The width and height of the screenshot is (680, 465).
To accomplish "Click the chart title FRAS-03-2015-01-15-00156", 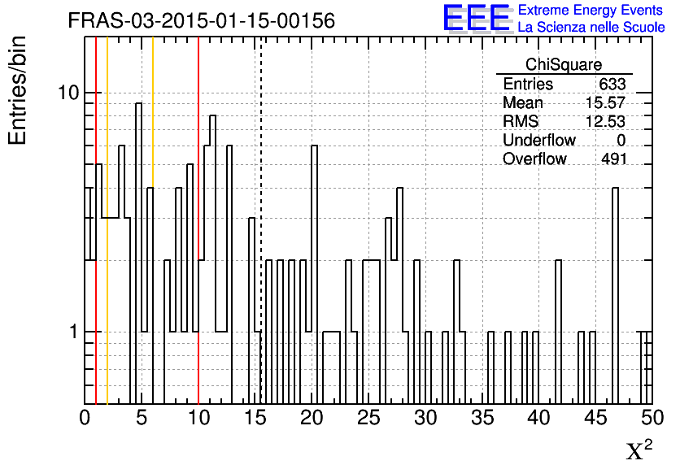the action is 202,20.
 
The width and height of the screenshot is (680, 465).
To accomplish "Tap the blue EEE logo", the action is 476,18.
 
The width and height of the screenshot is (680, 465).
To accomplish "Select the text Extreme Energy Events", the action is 591,10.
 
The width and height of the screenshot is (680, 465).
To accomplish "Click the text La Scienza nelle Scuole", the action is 591,27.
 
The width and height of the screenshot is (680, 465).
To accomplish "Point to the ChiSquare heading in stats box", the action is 564,64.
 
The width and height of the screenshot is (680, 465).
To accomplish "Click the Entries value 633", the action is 612,84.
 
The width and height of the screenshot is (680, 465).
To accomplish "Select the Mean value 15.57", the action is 605,102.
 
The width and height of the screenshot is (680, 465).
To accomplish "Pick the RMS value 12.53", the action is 605,121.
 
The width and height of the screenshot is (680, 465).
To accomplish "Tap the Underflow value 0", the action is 621,140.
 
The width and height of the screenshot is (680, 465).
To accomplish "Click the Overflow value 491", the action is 614,159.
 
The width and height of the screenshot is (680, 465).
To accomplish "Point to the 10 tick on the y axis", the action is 68,93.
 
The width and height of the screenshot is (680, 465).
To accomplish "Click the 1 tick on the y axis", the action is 74,332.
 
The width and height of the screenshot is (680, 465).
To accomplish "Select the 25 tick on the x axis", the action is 368,417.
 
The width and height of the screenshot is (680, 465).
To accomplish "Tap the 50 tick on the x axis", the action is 652,417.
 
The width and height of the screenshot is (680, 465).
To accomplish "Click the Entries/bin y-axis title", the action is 18,90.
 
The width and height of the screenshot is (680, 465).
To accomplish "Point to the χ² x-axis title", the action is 639,450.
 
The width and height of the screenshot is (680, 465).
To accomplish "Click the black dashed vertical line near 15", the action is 260,220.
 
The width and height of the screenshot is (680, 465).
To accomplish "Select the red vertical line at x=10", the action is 198,220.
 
